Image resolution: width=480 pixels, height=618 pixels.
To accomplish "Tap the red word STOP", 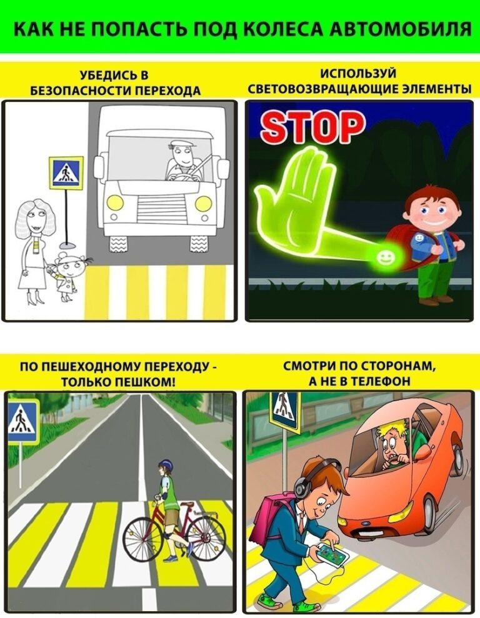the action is click(x=312, y=126).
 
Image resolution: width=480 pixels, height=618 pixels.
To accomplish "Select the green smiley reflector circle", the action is click(x=384, y=258).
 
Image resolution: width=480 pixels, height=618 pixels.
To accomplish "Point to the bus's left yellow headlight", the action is click(x=115, y=202).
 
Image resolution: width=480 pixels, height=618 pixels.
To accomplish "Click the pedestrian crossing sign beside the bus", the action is click(x=66, y=172).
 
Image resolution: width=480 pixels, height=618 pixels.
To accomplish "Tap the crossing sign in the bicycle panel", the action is click(x=23, y=421).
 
